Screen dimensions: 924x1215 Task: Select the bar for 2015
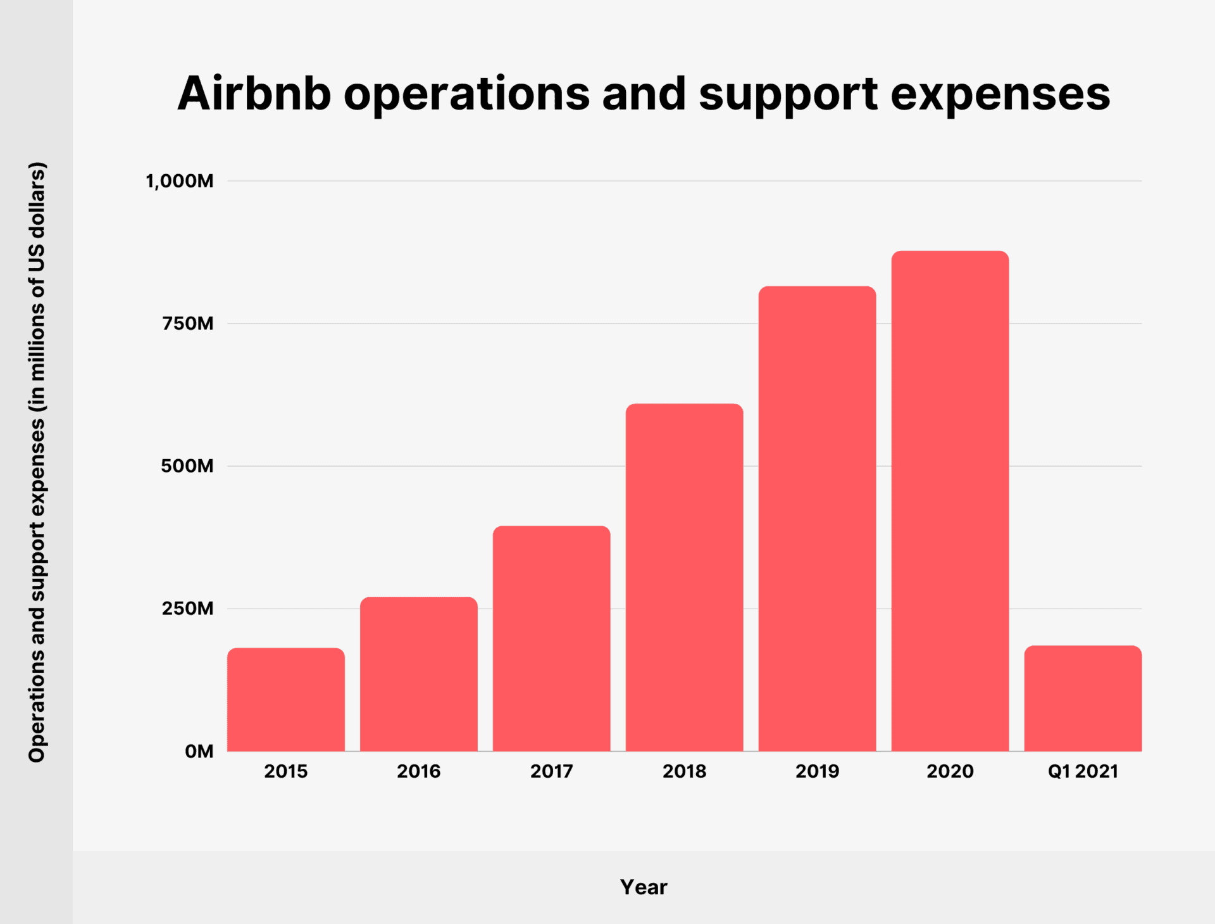[x=286, y=699]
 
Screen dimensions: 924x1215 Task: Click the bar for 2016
[x=419, y=674]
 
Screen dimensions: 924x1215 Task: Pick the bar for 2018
[x=684, y=577]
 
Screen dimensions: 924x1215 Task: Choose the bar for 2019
[x=817, y=519]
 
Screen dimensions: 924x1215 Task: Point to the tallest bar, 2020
[x=950, y=501]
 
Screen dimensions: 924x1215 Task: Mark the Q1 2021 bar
[x=1083, y=698]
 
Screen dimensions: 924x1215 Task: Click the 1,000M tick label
[x=180, y=181]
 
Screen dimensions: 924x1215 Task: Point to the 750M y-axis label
[x=187, y=324]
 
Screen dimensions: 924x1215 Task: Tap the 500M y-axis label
[x=187, y=466]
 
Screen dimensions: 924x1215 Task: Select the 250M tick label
[x=187, y=609]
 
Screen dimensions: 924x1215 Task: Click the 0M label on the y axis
[x=199, y=751]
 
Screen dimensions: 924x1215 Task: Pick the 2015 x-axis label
[x=286, y=771]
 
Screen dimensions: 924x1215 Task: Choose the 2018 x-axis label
[x=684, y=771]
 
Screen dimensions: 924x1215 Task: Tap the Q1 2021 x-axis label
[x=1083, y=771]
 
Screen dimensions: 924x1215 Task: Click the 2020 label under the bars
[x=950, y=771]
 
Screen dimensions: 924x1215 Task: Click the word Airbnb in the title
[x=254, y=94]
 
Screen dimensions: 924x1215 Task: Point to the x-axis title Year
[x=644, y=887]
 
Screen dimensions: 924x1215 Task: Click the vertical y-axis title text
[x=37, y=462]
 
